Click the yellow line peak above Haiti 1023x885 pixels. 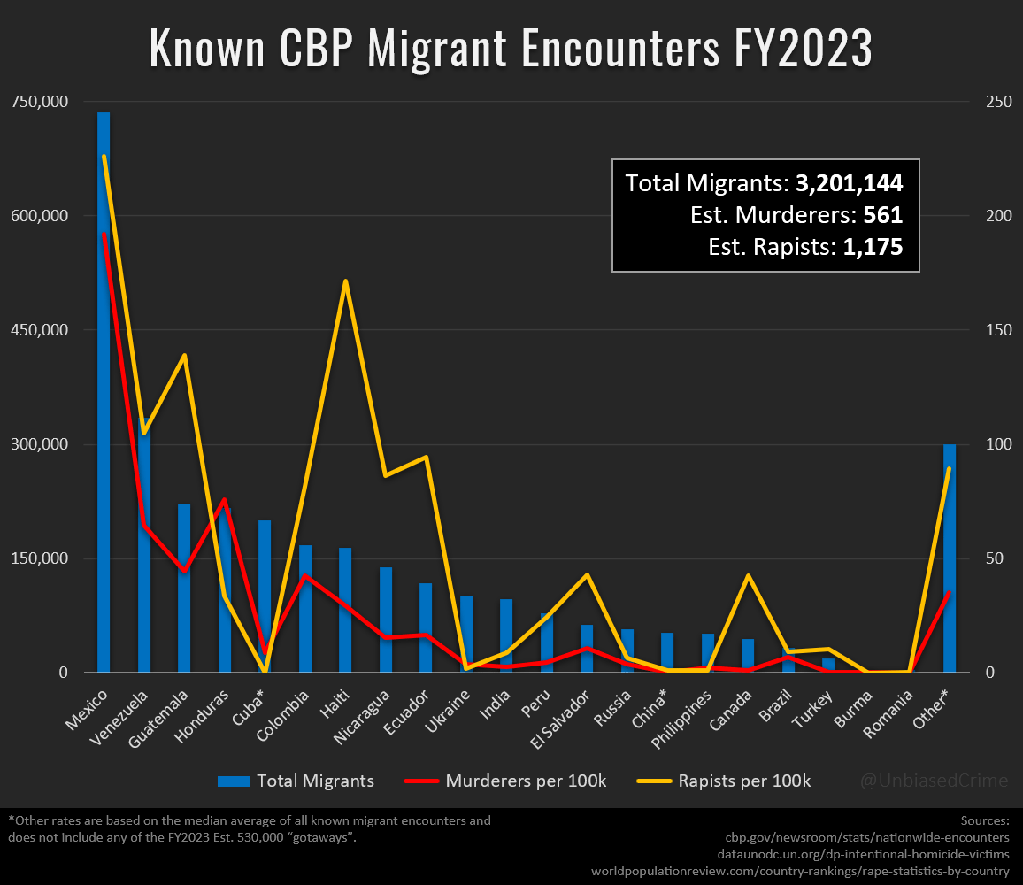click(x=345, y=281)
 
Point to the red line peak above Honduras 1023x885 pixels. click(x=225, y=500)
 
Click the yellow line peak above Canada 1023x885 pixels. click(x=749, y=576)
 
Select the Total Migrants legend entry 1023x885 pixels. click(x=296, y=781)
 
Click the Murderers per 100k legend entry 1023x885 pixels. click(x=505, y=781)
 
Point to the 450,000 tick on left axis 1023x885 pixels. click(x=39, y=330)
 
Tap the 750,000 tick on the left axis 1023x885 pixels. click(x=39, y=102)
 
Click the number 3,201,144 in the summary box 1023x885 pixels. click(x=849, y=184)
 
